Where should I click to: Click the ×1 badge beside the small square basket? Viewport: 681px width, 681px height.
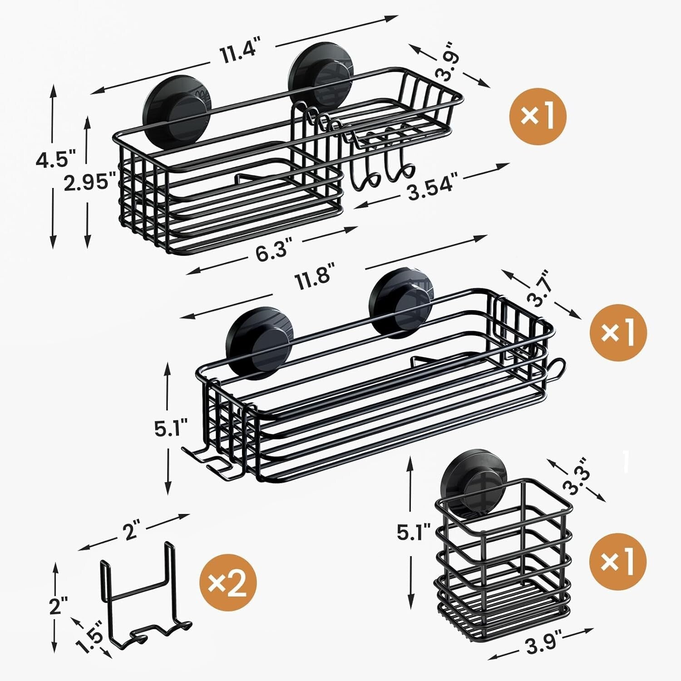(617, 561)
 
